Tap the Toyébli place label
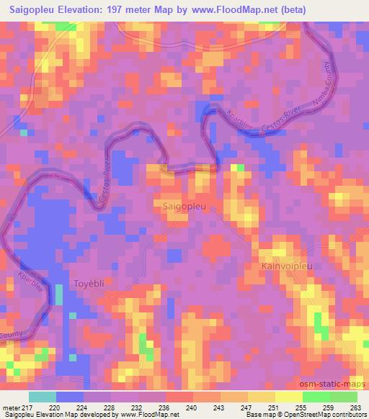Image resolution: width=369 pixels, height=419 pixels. [90, 284]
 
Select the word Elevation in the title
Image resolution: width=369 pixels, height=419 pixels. [89, 10]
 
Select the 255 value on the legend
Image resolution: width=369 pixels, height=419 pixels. [301, 407]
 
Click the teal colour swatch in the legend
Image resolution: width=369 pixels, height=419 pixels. [43, 396]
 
